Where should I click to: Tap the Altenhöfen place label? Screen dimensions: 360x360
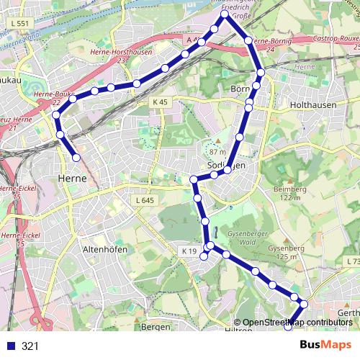point(106,248)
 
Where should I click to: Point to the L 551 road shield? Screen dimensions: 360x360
point(21,24)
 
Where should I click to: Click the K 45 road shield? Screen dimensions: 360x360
point(160,102)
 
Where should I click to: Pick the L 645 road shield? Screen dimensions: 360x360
point(145,200)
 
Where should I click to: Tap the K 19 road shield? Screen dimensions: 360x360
point(189,251)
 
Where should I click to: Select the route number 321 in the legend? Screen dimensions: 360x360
point(30,346)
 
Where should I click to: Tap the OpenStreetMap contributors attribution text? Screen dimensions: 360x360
point(297,322)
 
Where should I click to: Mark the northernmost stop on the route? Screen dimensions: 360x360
point(225,14)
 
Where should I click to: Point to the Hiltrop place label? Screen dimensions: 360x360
point(239,330)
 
